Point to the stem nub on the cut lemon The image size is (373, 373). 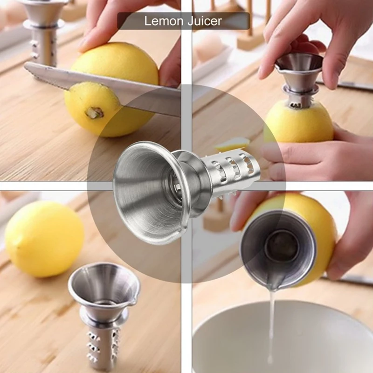coord(95,112)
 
